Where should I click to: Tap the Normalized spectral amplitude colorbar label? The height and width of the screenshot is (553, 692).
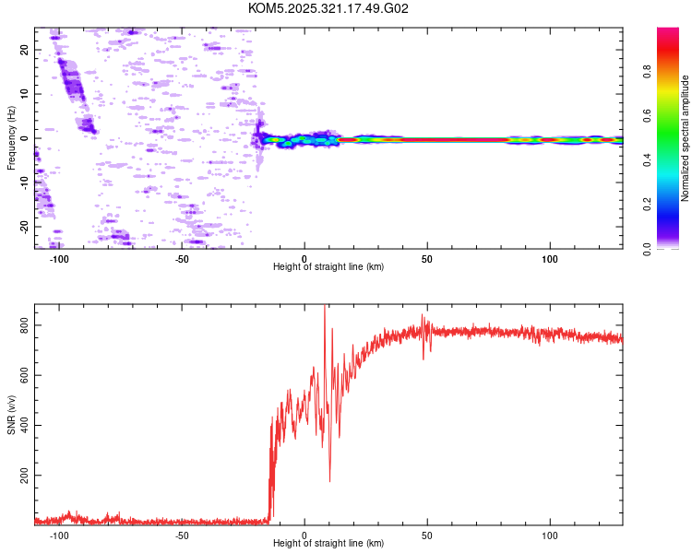686,138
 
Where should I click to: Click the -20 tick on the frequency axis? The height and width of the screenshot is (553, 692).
26,226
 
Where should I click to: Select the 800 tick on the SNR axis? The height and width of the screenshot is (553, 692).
22,326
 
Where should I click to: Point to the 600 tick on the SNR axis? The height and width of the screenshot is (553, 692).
22,376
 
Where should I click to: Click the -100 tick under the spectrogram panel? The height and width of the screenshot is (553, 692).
59,259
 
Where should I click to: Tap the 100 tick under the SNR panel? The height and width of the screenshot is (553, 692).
551,535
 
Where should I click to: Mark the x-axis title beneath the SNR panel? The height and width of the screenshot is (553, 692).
328,544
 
